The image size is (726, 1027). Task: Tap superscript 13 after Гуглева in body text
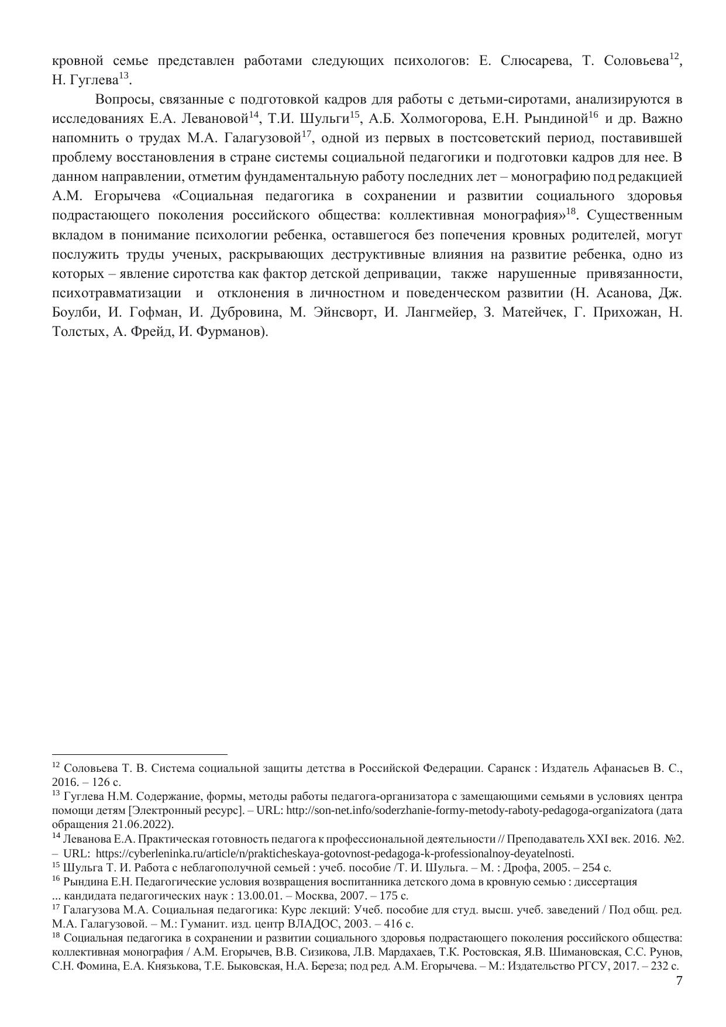[x=123, y=76]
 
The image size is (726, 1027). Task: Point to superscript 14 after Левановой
[x=253, y=115]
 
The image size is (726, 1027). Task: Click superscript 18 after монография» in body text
[x=571, y=211]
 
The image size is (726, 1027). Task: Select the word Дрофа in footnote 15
[x=527, y=867]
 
